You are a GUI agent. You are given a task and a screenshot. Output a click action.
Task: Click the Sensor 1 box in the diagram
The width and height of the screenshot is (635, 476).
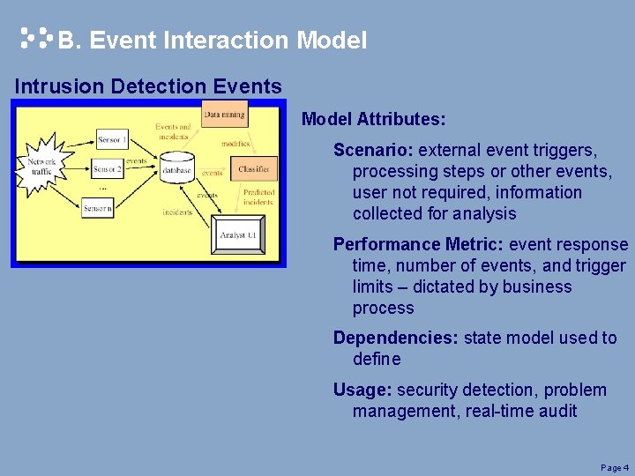tap(111, 139)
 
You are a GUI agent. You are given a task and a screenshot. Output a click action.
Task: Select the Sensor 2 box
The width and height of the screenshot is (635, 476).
tap(108, 168)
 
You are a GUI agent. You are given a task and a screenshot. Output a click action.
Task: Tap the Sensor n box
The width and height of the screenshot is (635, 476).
tap(98, 208)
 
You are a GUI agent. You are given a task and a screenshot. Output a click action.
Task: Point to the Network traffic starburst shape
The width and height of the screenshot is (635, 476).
tap(42, 165)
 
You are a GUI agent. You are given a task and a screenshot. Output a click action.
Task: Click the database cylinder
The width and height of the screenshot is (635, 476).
tap(177, 168)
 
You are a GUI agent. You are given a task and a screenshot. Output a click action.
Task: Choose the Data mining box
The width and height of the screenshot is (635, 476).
tap(224, 114)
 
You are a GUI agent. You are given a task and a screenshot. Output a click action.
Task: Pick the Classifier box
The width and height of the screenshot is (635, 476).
tap(253, 168)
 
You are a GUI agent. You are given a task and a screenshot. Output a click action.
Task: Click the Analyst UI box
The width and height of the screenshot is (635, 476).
tap(239, 234)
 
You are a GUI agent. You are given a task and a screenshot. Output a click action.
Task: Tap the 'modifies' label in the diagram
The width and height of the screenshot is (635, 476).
tap(235, 144)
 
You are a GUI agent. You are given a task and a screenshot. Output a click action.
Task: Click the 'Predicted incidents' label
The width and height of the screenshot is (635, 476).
tap(258, 197)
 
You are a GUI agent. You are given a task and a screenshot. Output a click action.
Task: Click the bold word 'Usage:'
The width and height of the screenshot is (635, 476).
tap(362, 390)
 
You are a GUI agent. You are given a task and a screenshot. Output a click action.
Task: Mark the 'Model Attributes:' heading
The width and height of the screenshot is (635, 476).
tap(373, 118)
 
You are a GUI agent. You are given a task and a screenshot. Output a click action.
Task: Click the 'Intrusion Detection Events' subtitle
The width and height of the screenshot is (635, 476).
tap(148, 86)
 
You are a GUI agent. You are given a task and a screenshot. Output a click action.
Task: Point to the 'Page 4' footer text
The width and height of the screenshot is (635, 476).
tap(614, 467)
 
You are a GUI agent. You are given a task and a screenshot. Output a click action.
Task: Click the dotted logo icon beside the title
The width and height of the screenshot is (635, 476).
tap(36, 38)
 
